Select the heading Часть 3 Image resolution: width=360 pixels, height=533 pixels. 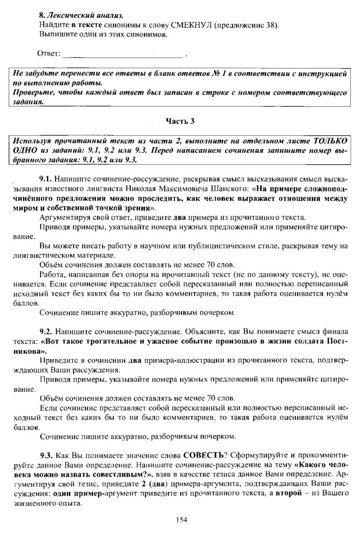click(x=180, y=122)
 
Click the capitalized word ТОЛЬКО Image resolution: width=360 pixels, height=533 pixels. click(x=329, y=141)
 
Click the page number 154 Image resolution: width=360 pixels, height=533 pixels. click(x=181, y=519)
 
